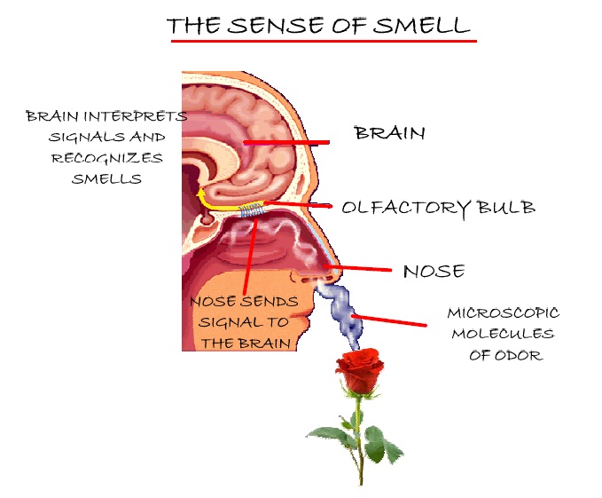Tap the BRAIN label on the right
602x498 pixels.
[x=389, y=134]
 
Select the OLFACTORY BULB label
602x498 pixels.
[x=438, y=208]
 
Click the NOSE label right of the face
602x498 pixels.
[x=434, y=272]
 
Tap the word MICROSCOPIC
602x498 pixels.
[x=503, y=313]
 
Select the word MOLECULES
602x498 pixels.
[x=503, y=334]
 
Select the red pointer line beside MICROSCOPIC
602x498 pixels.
[x=390, y=321]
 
